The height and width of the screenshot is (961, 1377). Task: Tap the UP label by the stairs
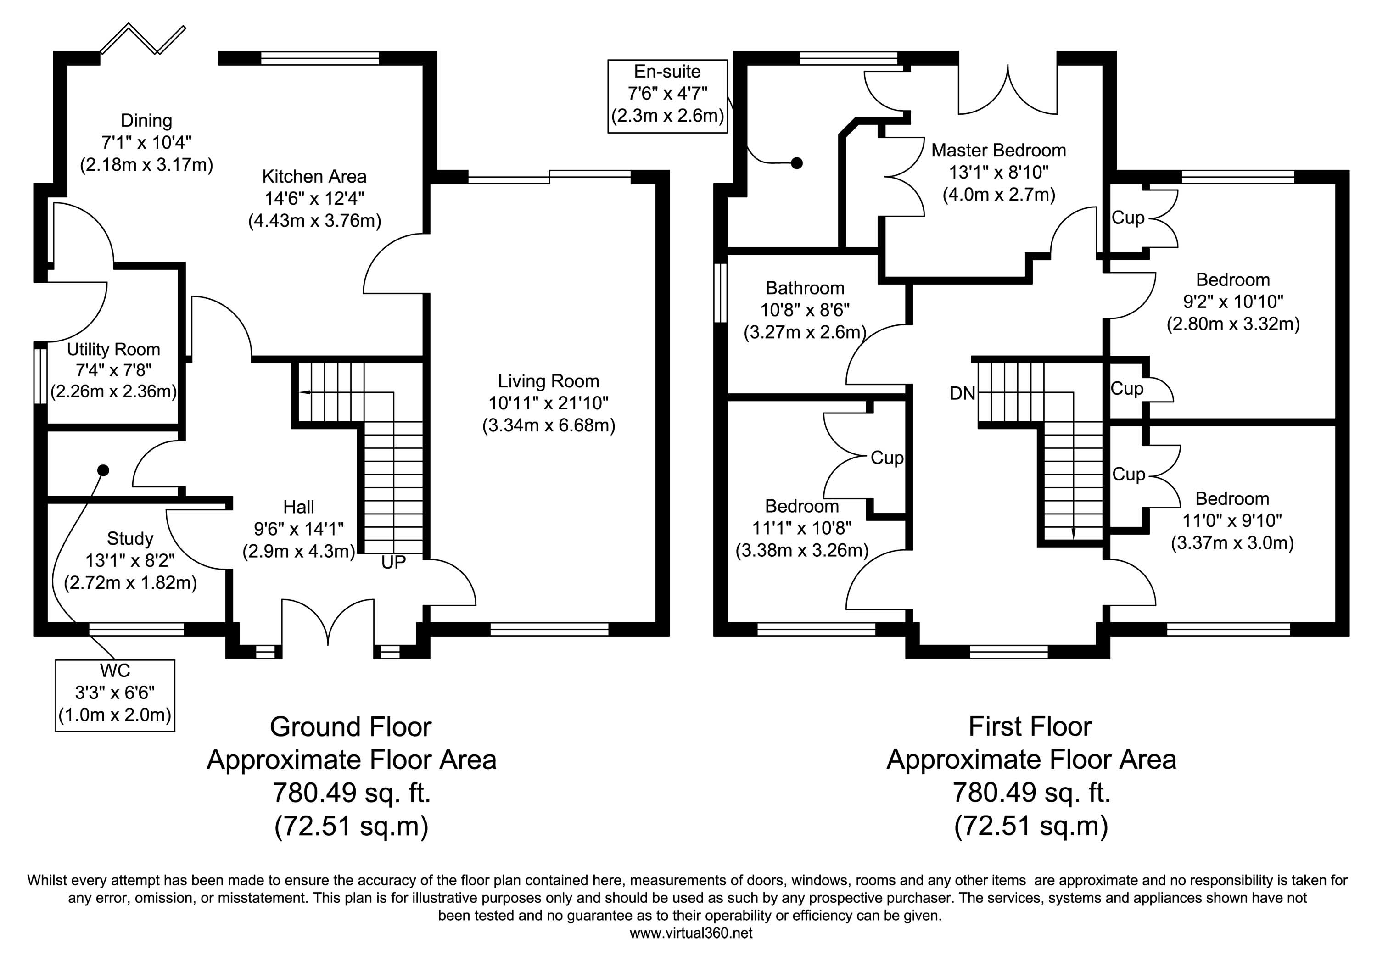point(393,562)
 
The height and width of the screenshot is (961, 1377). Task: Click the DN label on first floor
point(963,393)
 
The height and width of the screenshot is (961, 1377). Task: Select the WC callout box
point(115,695)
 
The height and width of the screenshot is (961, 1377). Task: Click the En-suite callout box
point(667,96)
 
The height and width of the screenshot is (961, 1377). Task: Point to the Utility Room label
point(113,350)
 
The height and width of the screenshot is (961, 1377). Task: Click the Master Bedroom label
point(999,151)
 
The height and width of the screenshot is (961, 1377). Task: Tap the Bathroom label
point(805,288)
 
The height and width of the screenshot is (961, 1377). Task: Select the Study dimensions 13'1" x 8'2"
point(129,560)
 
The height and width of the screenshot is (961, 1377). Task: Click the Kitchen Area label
point(314,177)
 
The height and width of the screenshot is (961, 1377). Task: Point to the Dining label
point(146,121)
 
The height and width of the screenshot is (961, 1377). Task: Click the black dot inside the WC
point(103,470)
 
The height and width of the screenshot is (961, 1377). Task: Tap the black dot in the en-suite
point(796,162)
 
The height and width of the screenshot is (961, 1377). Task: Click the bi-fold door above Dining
point(143,39)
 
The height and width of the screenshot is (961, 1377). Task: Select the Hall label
point(299,507)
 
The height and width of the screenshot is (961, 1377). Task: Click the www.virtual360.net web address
point(691,933)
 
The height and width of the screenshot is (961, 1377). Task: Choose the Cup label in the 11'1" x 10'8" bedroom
point(887,458)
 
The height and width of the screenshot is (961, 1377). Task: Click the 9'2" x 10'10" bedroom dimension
point(1233,302)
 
